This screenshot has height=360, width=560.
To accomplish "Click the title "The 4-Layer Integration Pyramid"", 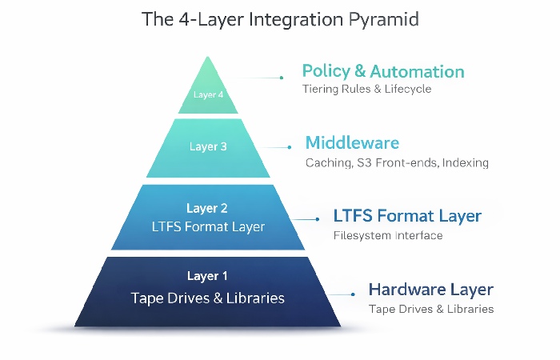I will (280, 19).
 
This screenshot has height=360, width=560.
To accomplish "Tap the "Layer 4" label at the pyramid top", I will (208, 94).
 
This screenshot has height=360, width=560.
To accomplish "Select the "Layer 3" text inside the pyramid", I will (208, 146).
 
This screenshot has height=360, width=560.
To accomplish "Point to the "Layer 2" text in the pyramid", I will (207, 209).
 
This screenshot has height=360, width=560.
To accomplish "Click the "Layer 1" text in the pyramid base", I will (207, 276).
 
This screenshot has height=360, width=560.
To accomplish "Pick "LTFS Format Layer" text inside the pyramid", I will (208, 226).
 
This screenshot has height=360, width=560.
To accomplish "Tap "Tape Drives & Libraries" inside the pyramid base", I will (208, 298).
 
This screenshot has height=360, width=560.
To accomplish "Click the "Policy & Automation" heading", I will (382, 71).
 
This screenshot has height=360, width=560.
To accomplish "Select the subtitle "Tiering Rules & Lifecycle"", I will (366, 89).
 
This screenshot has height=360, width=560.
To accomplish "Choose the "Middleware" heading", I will (352, 143).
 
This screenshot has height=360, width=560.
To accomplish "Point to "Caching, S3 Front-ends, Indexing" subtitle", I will (397, 162).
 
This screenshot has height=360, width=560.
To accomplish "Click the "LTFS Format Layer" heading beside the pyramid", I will (407, 216).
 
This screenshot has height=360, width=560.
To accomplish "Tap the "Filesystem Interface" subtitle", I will (387, 235).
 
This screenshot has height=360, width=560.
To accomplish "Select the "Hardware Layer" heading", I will (430, 290).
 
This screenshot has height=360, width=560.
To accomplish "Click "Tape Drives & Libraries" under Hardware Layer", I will (430, 309).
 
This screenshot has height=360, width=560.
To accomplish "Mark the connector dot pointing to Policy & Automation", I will (282, 78).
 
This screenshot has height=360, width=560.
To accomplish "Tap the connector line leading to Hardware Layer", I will (341, 294).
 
